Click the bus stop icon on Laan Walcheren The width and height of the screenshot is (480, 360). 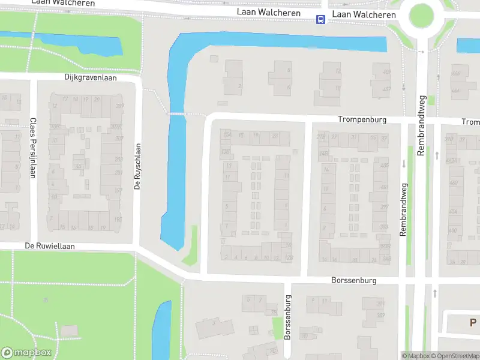coord(321,20)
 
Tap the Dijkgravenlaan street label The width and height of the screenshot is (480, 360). coord(91,77)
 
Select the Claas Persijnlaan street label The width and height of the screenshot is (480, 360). coord(32,148)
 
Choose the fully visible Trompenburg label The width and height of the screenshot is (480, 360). coord(362,120)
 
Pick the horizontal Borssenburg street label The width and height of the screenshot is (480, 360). coord(353,280)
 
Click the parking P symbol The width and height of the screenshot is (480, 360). coord(473,323)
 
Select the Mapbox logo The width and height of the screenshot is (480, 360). coord(26,352)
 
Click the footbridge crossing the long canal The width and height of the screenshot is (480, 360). coord(177,113)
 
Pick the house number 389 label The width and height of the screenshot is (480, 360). coord(380,316)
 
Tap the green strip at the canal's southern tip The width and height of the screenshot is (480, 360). coord(191,246)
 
